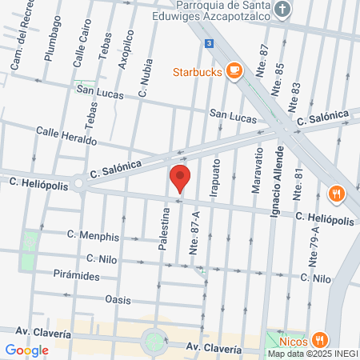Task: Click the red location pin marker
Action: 180,178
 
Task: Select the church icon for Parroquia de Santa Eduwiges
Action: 281,10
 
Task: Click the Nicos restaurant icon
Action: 319,338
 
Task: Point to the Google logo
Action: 26,350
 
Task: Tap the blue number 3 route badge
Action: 209,43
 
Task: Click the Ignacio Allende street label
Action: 278,185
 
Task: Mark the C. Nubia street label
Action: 146,79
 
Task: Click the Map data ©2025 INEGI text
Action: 312,354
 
